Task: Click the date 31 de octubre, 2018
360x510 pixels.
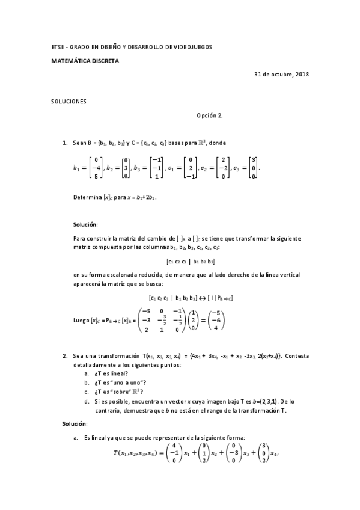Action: click(x=282, y=75)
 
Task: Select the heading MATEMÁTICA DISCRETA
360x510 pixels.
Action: click(x=85, y=61)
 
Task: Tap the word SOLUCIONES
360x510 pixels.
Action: click(x=69, y=102)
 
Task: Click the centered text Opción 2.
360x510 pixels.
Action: click(x=210, y=115)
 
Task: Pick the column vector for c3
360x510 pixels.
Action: click(x=254, y=168)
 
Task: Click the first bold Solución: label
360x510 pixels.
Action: click(x=85, y=224)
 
